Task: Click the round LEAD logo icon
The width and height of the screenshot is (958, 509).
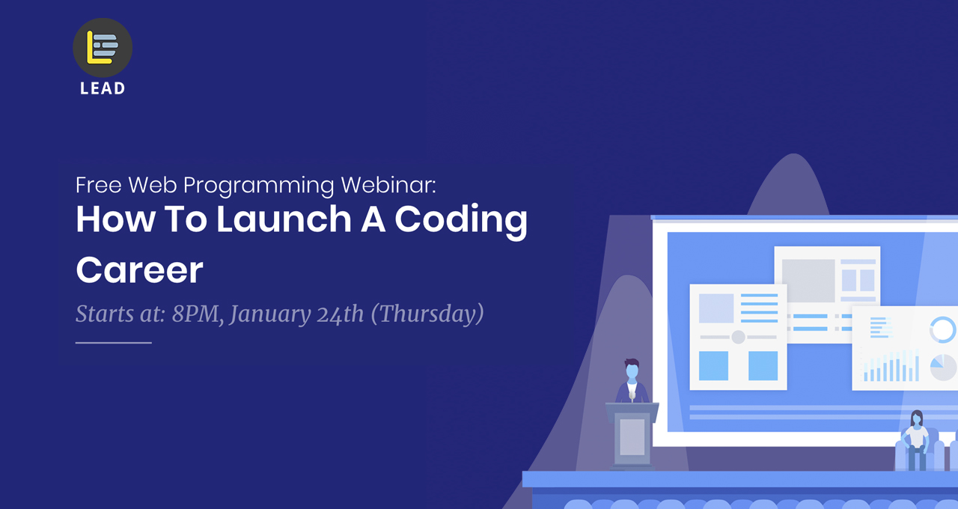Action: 103,47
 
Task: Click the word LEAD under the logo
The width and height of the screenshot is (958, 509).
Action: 103,88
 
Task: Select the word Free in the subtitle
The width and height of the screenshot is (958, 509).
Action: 99,185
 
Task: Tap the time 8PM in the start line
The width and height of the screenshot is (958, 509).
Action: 197,314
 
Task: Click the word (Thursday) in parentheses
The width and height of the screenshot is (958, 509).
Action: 427,314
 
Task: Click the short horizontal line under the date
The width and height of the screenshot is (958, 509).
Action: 113,343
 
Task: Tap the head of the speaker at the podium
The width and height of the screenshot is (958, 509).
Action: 632,370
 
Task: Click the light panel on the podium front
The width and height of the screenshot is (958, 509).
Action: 632,437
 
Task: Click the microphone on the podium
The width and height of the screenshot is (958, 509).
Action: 632,395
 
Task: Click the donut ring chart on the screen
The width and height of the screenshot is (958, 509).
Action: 942,330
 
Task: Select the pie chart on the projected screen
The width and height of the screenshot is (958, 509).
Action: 942,367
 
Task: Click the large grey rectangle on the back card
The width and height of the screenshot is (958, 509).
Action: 808,281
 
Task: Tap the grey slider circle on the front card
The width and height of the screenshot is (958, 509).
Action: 738,337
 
